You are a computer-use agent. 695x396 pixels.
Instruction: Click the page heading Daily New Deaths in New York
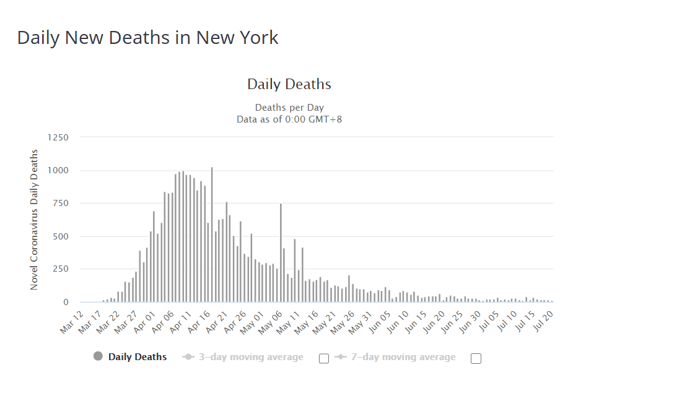click(x=147, y=38)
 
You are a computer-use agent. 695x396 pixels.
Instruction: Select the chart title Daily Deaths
click(x=289, y=84)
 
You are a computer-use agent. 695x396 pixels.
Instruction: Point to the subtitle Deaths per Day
click(x=289, y=108)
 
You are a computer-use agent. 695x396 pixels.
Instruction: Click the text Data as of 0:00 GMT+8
click(x=289, y=119)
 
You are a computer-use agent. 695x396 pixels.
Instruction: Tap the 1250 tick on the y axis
click(x=58, y=137)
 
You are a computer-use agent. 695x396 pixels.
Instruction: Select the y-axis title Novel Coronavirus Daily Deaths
click(x=34, y=220)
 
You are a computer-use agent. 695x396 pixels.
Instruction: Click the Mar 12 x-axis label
click(x=71, y=322)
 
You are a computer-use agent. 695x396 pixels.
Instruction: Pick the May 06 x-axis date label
click(x=270, y=322)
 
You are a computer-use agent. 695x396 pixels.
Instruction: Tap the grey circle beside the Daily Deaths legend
click(x=98, y=356)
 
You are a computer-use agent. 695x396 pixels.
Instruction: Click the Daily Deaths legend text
click(x=138, y=357)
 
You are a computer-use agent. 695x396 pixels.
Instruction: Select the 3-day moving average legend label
click(x=251, y=357)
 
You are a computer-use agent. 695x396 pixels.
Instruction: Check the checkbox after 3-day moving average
click(x=323, y=358)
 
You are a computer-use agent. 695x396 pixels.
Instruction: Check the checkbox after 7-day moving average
click(x=476, y=358)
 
